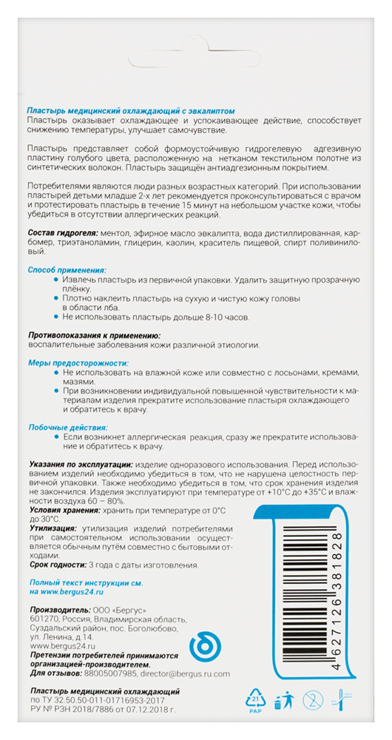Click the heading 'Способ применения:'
click(67, 271)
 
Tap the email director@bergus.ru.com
click(185, 673)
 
